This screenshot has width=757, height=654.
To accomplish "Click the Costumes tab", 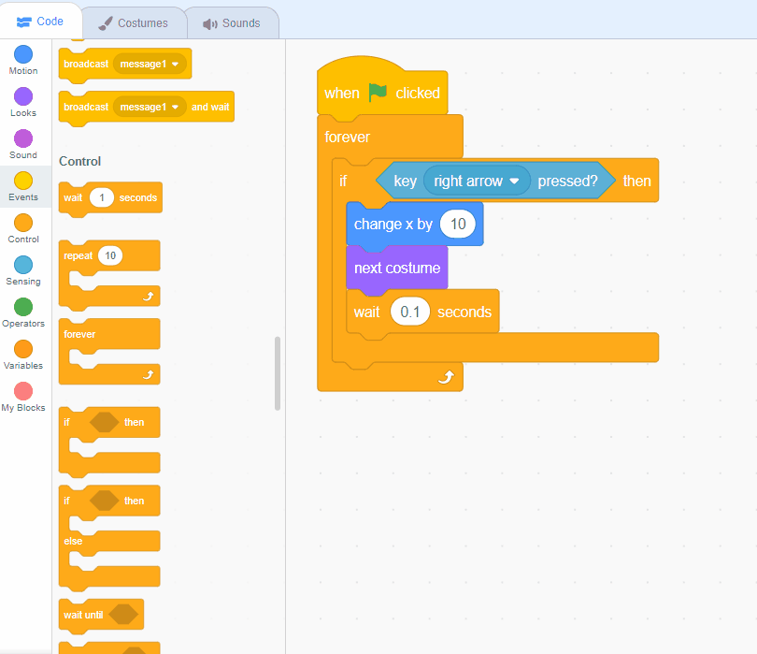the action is (x=133, y=22).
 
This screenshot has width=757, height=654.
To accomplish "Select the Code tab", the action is (x=40, y=22).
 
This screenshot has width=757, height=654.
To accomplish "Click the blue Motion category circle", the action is (x=23, y=54).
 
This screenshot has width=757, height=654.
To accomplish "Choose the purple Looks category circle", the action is (x=23, y=96).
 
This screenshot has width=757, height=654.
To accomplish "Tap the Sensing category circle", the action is (x=23, y=265).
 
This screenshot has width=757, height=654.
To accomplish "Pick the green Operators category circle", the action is (x=23, y=307).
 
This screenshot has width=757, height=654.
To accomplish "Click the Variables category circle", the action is (x=23, y=349).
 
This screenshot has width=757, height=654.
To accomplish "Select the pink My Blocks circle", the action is (x=23, y=391).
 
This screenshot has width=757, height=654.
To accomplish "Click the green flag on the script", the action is (x=378, y=93).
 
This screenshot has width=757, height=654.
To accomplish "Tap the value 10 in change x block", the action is (x=458, y=225).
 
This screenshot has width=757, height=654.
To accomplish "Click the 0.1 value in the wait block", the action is (x=409, y=312).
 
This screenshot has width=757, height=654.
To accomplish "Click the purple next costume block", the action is (x=396, y=269).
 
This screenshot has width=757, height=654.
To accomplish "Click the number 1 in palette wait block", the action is (x=102, y=197).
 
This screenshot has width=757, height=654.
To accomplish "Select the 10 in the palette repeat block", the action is (x=110, y=255).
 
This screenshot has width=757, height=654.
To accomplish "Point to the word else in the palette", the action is (x=73, y=541).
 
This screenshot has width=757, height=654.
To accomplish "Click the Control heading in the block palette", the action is (x=79, y=161).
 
